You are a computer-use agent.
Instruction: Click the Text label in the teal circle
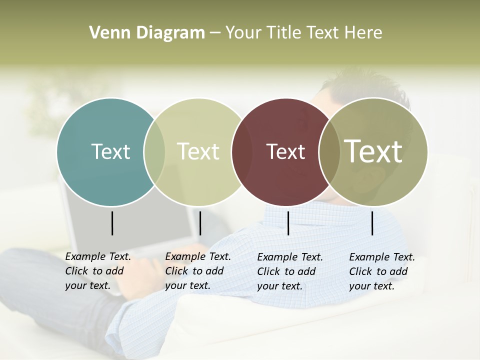(x=110, y=151)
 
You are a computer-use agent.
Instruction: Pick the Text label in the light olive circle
(x=198, y=151)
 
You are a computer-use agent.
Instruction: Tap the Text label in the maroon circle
(x=285, y=151)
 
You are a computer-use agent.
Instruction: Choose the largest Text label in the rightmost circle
(x=373, y=151)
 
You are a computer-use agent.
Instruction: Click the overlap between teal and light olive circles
(x=154, y=151)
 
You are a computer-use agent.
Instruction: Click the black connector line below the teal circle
(x=112, y=223)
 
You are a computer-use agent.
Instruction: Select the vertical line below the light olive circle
(x=200, y=223)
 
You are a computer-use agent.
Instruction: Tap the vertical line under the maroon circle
(x=288, y=223)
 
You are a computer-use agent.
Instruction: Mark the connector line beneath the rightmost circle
(x=372, y=223)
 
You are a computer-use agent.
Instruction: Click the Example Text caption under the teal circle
(x=97, y=271)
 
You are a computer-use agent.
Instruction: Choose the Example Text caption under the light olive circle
(x=197, y=271)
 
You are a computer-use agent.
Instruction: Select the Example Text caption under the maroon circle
(x=289, y=271)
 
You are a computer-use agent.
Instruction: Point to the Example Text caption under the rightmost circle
(x=381, y=271)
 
